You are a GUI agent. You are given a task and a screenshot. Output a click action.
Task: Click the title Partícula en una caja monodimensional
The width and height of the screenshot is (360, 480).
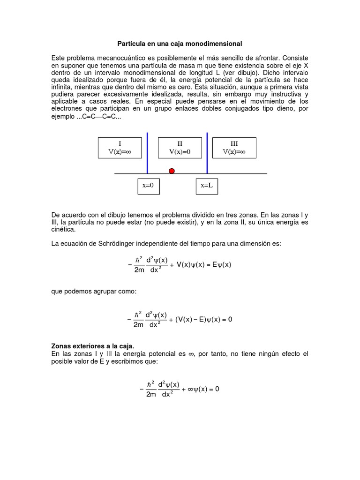180,44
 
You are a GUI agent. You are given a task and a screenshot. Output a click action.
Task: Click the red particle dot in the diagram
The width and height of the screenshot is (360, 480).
172,171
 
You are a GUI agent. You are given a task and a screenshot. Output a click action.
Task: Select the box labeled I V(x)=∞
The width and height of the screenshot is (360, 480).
120,148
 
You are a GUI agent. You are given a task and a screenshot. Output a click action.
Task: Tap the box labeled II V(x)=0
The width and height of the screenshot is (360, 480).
180,148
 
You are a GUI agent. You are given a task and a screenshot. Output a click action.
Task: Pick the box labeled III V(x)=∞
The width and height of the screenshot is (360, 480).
234,148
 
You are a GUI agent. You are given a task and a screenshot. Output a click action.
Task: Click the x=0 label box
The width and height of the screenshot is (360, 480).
148,186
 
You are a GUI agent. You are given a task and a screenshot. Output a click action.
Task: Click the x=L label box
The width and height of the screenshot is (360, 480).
207,186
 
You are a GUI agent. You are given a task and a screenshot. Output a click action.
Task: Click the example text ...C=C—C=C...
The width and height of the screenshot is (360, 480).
98,116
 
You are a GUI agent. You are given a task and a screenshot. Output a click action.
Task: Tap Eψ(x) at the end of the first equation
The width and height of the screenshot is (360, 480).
222,264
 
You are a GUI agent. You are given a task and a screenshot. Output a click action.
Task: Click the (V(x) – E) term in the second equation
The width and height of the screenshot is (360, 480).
193,320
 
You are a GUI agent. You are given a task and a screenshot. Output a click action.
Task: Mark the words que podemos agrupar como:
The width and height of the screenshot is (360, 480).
93,292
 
